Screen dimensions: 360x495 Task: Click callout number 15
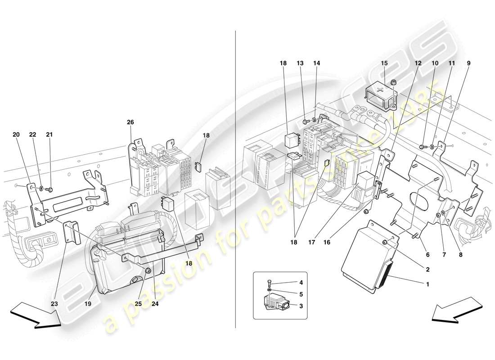pos(384,63)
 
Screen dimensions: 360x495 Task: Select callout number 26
pos(130,122)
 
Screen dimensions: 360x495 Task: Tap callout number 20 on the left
pos(16,135)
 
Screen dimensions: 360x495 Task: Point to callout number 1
pos(427,284)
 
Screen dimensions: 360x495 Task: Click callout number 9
pos(468,63)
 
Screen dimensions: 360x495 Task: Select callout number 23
pos(54,304)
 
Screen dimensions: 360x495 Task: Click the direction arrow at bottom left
pos(35,315)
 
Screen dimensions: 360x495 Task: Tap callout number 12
pos(418,63)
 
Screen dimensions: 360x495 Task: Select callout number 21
pos(49,135)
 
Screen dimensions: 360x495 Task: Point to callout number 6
pos(427,255)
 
